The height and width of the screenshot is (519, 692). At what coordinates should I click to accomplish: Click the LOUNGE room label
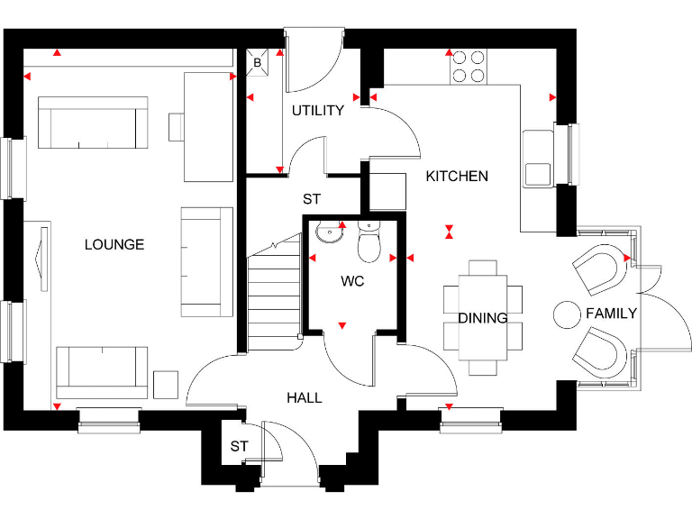point(114,245)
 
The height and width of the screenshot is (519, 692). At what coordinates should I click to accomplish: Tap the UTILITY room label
point(317,111)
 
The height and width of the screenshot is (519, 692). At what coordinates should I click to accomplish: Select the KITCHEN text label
point(457,177)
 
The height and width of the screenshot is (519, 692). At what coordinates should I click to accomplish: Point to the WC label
point(351,282)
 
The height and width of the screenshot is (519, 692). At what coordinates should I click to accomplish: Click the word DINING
point(482,318)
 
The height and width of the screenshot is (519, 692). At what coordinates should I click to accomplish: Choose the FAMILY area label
point(611,314)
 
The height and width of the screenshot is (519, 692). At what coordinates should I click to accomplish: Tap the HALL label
point(305,397)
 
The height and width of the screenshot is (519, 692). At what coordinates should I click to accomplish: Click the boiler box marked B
point(257,63)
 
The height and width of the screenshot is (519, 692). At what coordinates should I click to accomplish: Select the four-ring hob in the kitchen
point(468,65)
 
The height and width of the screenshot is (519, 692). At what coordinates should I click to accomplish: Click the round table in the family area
point(568,314)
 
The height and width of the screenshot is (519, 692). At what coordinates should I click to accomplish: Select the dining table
point(483,317)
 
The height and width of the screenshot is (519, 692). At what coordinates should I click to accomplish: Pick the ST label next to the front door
point(238,446)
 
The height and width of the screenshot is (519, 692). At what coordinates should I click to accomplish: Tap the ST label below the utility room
point(312,199)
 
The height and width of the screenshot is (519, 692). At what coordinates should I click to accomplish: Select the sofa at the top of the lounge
point(93,124)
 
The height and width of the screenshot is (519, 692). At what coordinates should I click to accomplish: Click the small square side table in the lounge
point(167,384)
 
